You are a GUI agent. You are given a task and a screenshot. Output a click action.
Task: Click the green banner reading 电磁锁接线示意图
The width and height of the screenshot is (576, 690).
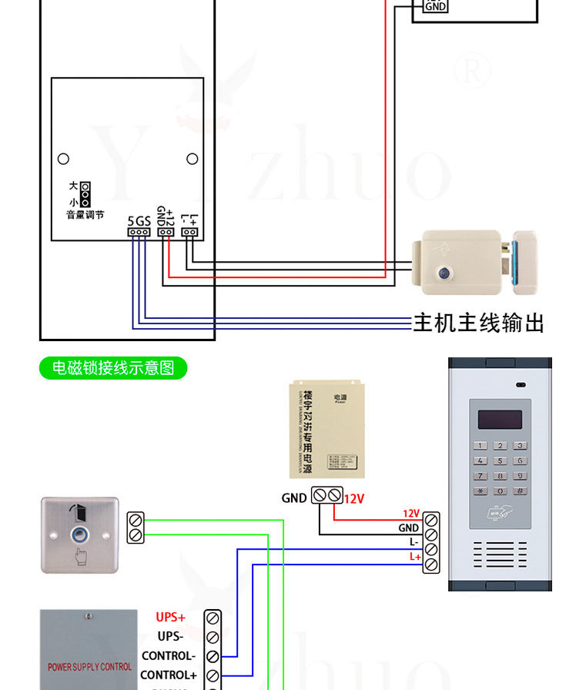(113, 368)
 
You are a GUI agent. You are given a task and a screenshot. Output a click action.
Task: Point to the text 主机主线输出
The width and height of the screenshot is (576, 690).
(478, 323)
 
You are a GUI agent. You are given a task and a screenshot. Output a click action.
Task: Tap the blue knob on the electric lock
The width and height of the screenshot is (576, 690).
(444, 273)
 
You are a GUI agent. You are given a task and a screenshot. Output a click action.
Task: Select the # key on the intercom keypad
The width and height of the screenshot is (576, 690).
(520, 491)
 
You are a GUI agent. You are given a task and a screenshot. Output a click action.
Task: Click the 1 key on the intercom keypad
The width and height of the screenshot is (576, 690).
(481, 446)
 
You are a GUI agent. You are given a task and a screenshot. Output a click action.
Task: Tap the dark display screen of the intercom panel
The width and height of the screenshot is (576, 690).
(500, 420)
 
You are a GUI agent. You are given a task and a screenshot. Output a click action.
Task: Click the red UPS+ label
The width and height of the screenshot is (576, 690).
(171, 617)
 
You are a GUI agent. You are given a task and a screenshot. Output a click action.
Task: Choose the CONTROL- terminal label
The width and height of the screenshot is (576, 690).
(169, 656)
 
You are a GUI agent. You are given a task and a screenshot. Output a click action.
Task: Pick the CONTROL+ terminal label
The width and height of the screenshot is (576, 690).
(169, 675)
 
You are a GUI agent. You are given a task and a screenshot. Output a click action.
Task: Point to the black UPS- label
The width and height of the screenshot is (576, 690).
(171, 637)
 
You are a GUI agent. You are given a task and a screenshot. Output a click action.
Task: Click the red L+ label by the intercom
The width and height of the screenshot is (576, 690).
(415, 557)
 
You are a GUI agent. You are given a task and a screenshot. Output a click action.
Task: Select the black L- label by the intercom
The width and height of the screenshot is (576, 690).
(414, 542)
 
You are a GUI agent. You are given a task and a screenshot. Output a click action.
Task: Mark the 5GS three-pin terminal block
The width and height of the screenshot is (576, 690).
(139, 232)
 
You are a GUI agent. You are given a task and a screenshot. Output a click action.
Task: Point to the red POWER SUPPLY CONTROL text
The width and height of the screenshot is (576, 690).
(90, 667)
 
